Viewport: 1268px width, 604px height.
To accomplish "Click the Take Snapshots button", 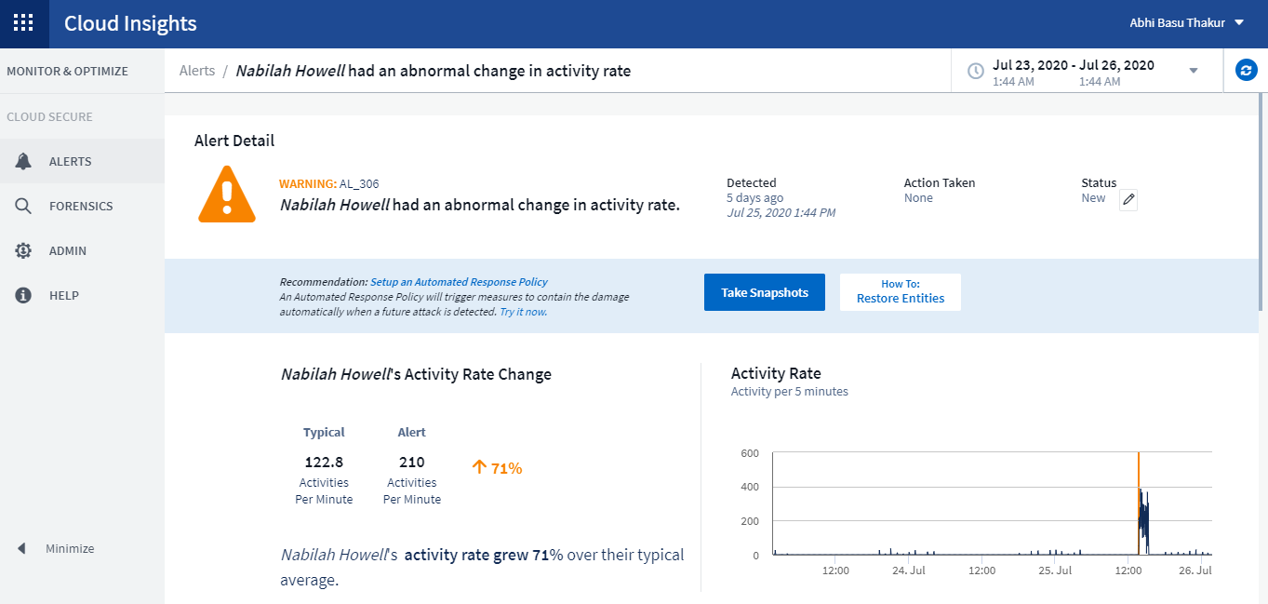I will tap(764, 292).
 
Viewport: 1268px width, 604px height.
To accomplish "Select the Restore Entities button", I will tap(900, 292).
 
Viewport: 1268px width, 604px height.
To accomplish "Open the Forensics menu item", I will tap(81, 206).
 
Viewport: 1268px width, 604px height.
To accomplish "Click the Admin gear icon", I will tap(23, 250).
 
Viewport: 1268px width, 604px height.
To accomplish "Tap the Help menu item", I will tap(63, 295).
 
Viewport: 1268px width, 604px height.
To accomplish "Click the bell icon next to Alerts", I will tap(23, 161).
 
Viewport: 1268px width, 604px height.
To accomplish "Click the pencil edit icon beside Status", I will tap(1128, 199).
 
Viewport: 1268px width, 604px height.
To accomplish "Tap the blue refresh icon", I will tap(1246, 70).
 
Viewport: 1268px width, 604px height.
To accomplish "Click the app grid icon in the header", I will tap(24, 23).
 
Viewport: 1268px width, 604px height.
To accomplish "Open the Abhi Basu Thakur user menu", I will tap(1186, 23).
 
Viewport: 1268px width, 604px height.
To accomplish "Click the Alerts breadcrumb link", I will tap(197, 71).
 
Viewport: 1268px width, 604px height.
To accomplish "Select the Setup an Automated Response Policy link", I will tap(459, 282).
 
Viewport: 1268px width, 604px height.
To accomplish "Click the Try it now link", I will tap(523, 312).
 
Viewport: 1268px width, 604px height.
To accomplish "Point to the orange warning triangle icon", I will tap(227, 195).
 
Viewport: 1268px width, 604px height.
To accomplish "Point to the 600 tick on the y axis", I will tap(749, 453).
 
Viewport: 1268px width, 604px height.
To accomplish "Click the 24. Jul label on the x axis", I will tap(908, 570).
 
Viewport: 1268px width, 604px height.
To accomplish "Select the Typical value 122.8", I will tap(324, 462).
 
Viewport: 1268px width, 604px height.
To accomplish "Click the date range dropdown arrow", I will tap(1194, 71).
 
